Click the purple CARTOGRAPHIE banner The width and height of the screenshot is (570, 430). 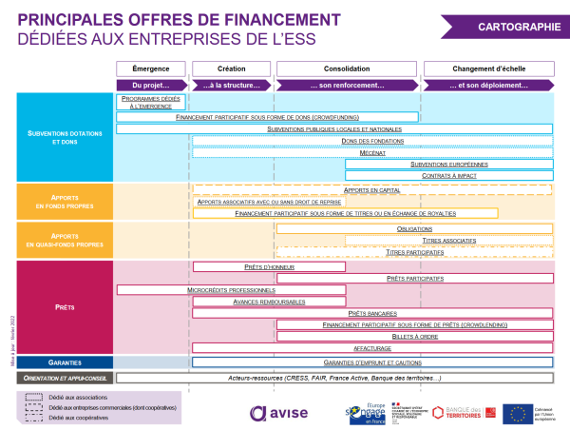tap(520, 27)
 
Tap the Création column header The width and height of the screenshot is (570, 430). tap(231, 69)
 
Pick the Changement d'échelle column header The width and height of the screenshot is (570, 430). tap(487, 69)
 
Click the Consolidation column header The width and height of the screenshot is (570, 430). tap(347, 69)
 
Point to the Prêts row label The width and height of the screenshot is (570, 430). tap(59, 308)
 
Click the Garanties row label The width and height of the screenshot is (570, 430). tap(59, 362)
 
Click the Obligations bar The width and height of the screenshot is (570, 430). tap(415, 229)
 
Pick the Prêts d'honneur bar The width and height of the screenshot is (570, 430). tap(234, 266)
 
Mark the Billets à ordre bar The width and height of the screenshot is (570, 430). tap(415, 337)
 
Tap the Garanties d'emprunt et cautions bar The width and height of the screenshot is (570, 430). tap(372, 362)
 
